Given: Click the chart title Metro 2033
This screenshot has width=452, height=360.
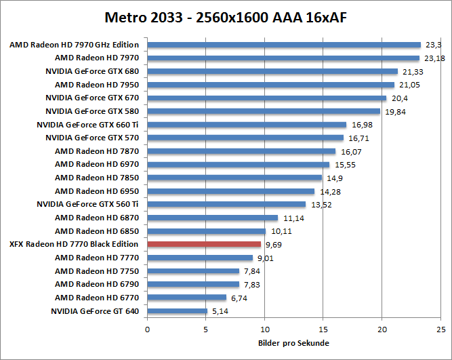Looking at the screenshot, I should (226, 16).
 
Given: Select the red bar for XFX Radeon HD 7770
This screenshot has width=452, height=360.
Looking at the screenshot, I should (204, 244).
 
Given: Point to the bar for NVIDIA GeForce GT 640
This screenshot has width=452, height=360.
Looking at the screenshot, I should (177, 311).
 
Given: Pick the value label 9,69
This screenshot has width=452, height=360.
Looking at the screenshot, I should (273, 244).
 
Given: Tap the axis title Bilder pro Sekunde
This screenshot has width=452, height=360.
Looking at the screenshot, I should (294, 343).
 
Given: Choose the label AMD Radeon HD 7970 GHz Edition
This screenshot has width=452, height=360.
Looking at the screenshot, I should (74, 45).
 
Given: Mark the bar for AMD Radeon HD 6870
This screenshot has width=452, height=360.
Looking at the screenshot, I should (213, 218).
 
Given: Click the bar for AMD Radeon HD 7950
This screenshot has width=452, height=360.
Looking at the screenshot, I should (270, 85).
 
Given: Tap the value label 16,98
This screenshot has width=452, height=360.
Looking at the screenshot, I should (360, 125).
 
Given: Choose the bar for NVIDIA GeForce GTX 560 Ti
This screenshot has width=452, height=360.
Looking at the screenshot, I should (226, 204).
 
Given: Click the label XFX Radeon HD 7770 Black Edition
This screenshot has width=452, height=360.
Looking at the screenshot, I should (74, 244).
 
